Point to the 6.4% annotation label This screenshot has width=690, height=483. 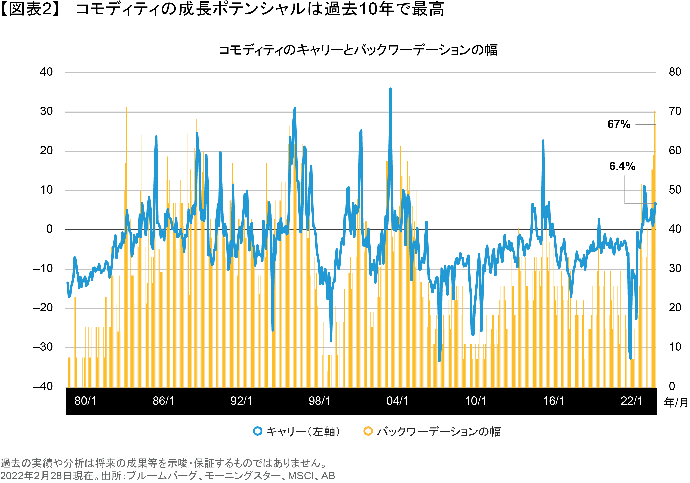pos(622,166)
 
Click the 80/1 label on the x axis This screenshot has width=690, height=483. pos(85,401)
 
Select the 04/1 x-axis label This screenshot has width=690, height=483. pos(397,401)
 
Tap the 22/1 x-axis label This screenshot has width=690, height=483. pos(631,401)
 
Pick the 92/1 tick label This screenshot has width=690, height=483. pos(241,401)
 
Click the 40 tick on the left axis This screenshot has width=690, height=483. pos(46,72)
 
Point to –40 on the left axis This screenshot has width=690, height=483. pos(43,386)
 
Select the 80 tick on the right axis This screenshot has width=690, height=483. pos(675,72)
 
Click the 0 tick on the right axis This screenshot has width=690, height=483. pos(672,386)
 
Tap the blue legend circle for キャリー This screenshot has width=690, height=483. pos(257,431)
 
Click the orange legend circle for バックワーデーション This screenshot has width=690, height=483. pos(368,431)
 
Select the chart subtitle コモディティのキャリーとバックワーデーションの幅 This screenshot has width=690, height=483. pos(358,50)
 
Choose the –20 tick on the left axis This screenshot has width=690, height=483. pos(43,308)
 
